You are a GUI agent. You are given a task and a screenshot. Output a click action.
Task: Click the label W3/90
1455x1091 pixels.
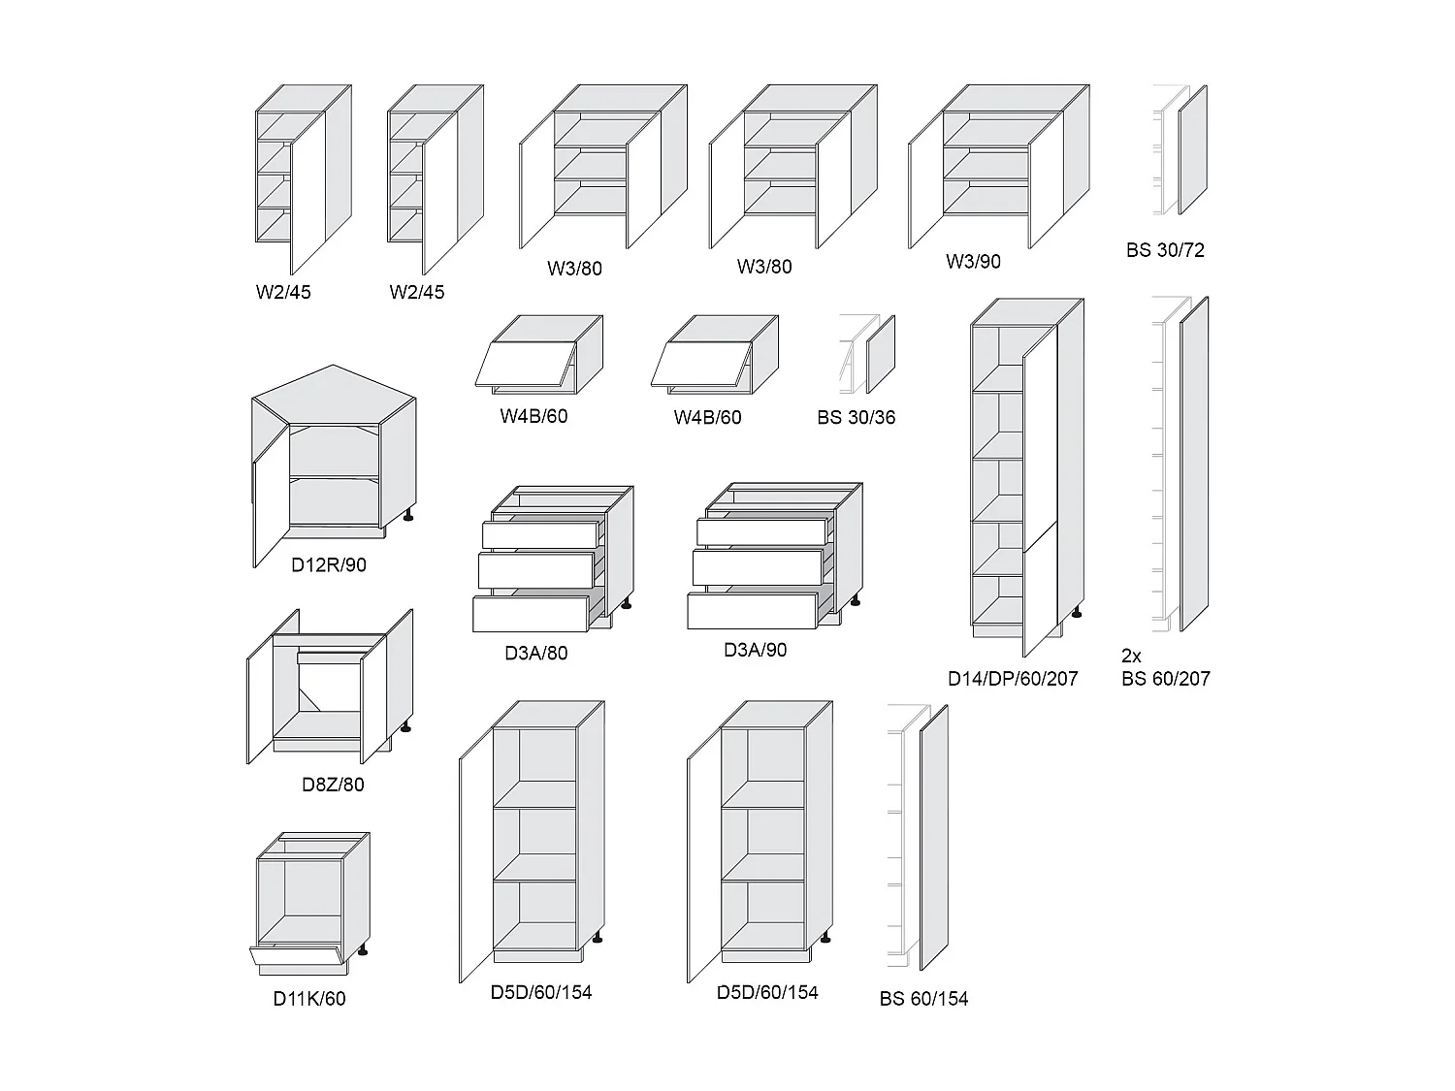point(973,262)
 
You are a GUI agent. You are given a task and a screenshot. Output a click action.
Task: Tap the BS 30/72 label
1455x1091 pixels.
point(1165,250)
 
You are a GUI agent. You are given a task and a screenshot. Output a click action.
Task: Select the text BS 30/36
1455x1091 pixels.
point(856,418)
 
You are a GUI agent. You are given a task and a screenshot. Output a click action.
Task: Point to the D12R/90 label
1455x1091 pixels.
point(329,565)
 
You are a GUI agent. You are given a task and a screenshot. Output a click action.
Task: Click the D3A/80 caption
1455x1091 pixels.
point(535,654)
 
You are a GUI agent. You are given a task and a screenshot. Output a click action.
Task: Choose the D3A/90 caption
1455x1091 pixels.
point(755,651)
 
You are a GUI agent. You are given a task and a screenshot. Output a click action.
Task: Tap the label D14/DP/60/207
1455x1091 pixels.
point(1013,679)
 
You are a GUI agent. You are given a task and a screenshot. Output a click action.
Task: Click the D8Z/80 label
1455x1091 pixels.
point(333,785)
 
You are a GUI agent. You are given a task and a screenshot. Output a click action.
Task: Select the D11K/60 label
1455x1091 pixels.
point(308,999)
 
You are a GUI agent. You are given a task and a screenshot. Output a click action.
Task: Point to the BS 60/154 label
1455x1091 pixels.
point(923,999)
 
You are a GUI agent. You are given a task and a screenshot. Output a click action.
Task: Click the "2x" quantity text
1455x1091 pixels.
point(1131,657)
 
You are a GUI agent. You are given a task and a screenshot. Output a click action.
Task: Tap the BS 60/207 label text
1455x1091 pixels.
point(1166,679)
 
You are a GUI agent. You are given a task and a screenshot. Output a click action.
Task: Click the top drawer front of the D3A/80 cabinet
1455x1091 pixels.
point(540,534)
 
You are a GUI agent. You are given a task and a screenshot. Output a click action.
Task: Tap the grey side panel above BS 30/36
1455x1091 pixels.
point(881,354)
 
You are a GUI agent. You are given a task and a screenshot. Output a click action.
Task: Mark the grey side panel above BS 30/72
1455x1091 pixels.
point(1192,150)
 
